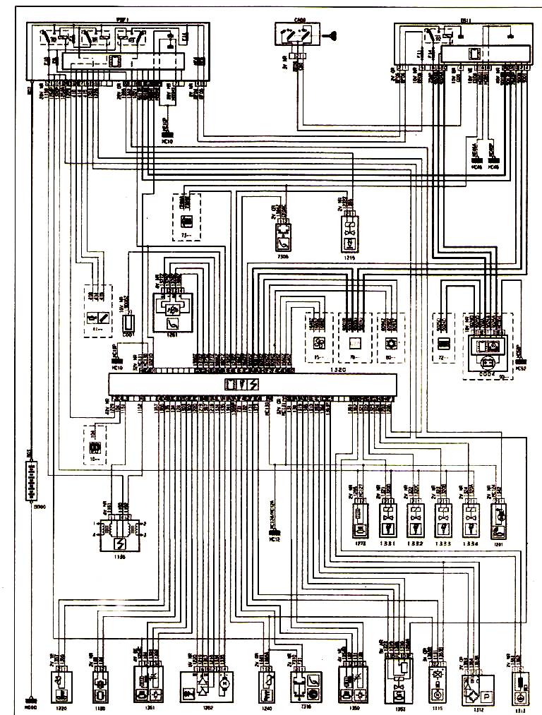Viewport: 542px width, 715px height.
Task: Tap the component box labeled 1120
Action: pos(100,683)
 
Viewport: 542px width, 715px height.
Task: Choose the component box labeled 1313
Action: pos(519,684)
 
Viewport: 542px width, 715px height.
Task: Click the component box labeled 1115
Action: pos(433,684)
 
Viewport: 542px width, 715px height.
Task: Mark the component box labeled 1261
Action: pos(173,311)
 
